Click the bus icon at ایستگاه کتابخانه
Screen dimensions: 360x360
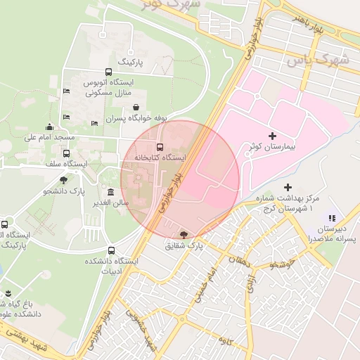click(x=160, y=147)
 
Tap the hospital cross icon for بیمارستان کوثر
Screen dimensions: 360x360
click(x=273, y=135)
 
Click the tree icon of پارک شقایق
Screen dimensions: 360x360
click(x=184, y=234)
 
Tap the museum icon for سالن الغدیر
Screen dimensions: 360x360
click(x=110, y=192)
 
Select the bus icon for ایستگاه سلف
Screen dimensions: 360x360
click(x=67, y=153)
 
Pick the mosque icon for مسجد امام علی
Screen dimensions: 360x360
click(x=49, y=127)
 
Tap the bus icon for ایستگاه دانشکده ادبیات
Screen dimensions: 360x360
click(x=111, y=250)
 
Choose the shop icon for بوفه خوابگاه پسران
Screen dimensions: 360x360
click(x=145, y=107)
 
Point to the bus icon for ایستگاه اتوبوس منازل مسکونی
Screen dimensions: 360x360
click(x=108, y=72)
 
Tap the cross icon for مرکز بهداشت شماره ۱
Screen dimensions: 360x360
click(x=288, y=187)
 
